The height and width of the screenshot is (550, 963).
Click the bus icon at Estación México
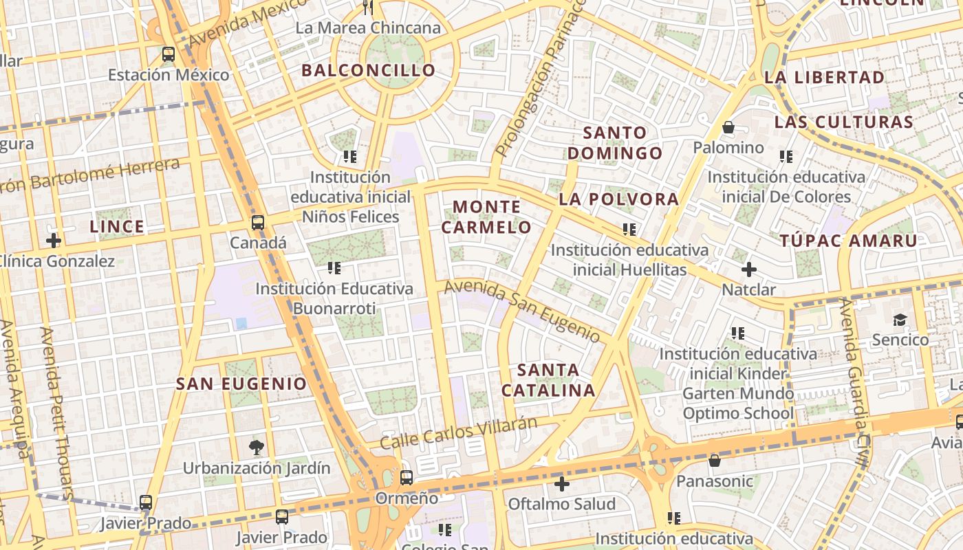point(169,54)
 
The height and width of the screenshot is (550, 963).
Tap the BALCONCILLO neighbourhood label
point(369,70)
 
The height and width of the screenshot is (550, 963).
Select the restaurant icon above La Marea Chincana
point(368,8)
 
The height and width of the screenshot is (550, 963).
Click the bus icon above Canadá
point(258,223)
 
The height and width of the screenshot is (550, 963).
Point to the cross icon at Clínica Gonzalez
point(53,241)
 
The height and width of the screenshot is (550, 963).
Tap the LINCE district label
point(118,226)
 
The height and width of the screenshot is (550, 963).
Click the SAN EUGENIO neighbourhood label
point(241,384)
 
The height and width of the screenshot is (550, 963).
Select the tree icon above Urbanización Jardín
point(257,448)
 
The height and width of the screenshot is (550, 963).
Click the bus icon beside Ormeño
point(407,477)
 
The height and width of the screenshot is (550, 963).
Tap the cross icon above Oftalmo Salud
point(562,484)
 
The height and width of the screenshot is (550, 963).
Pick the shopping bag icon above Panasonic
point(715,461)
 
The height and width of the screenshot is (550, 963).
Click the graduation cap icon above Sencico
point(900,320)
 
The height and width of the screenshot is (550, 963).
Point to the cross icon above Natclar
point(749,269)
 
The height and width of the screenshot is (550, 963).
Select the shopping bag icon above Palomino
point(728,127)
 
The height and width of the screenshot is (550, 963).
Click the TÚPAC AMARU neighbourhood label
point(849,241)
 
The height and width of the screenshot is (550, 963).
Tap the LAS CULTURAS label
point(844,122)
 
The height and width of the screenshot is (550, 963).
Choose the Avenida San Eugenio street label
point(523,311)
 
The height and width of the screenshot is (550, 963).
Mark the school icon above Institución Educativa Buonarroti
point(334,268)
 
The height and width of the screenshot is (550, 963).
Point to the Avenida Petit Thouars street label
point(56,412)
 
